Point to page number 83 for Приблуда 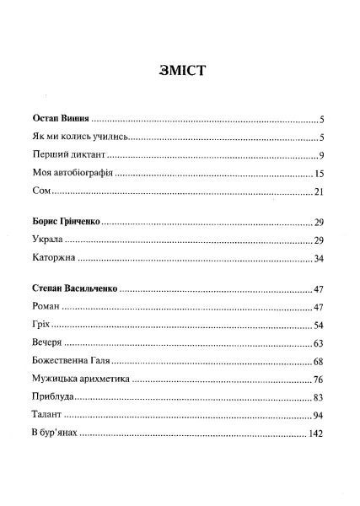[318, 398]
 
